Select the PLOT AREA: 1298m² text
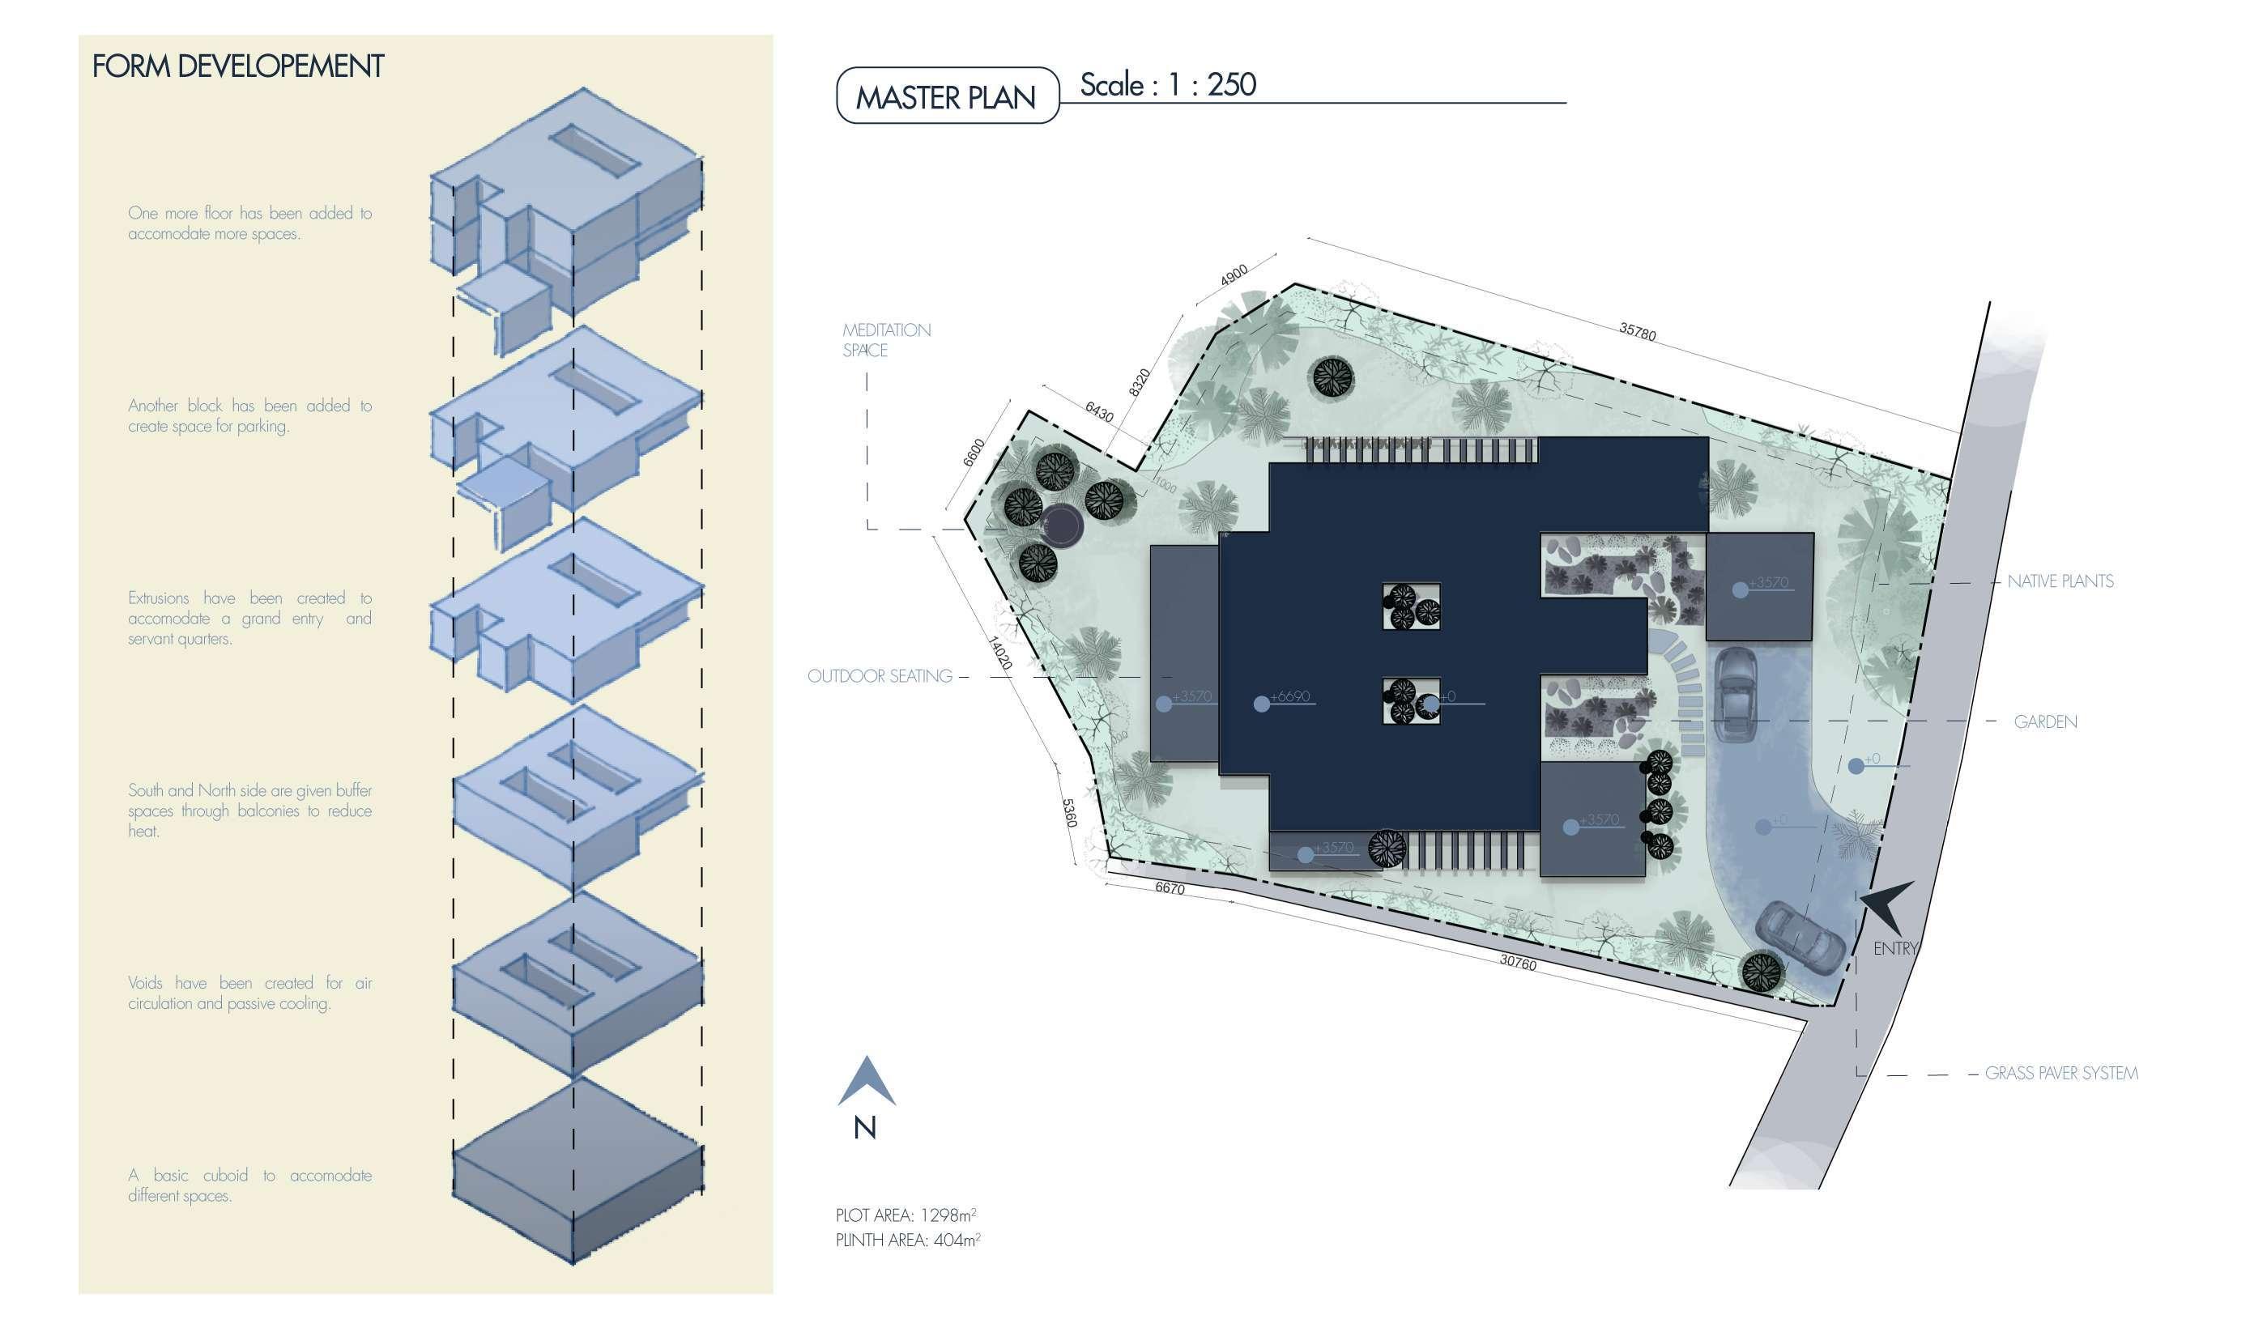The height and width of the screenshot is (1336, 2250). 905,1215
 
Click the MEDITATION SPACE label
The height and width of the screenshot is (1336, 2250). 886,339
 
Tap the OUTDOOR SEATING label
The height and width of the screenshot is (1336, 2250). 879,676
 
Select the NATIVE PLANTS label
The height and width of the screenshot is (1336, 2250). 2060,581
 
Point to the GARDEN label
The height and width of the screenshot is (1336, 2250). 2045,722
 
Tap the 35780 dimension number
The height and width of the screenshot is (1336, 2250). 1637,331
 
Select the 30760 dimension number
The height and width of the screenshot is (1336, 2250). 1517,963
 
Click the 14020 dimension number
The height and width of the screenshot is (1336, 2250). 1000,653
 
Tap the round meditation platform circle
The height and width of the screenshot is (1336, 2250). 1062,525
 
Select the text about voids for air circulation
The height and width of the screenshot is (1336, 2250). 249,993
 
